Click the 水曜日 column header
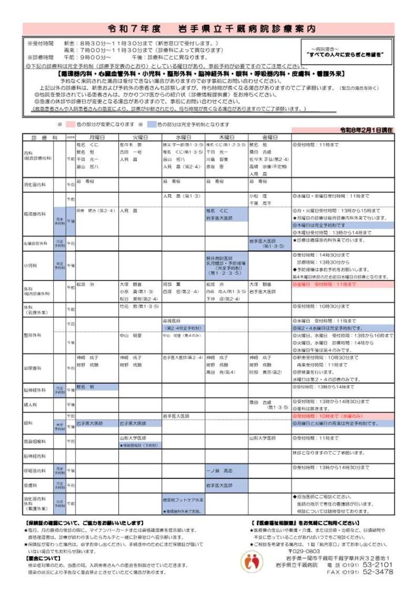[183, 137]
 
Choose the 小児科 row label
[31, 266]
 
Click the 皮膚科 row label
[30, 485]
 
